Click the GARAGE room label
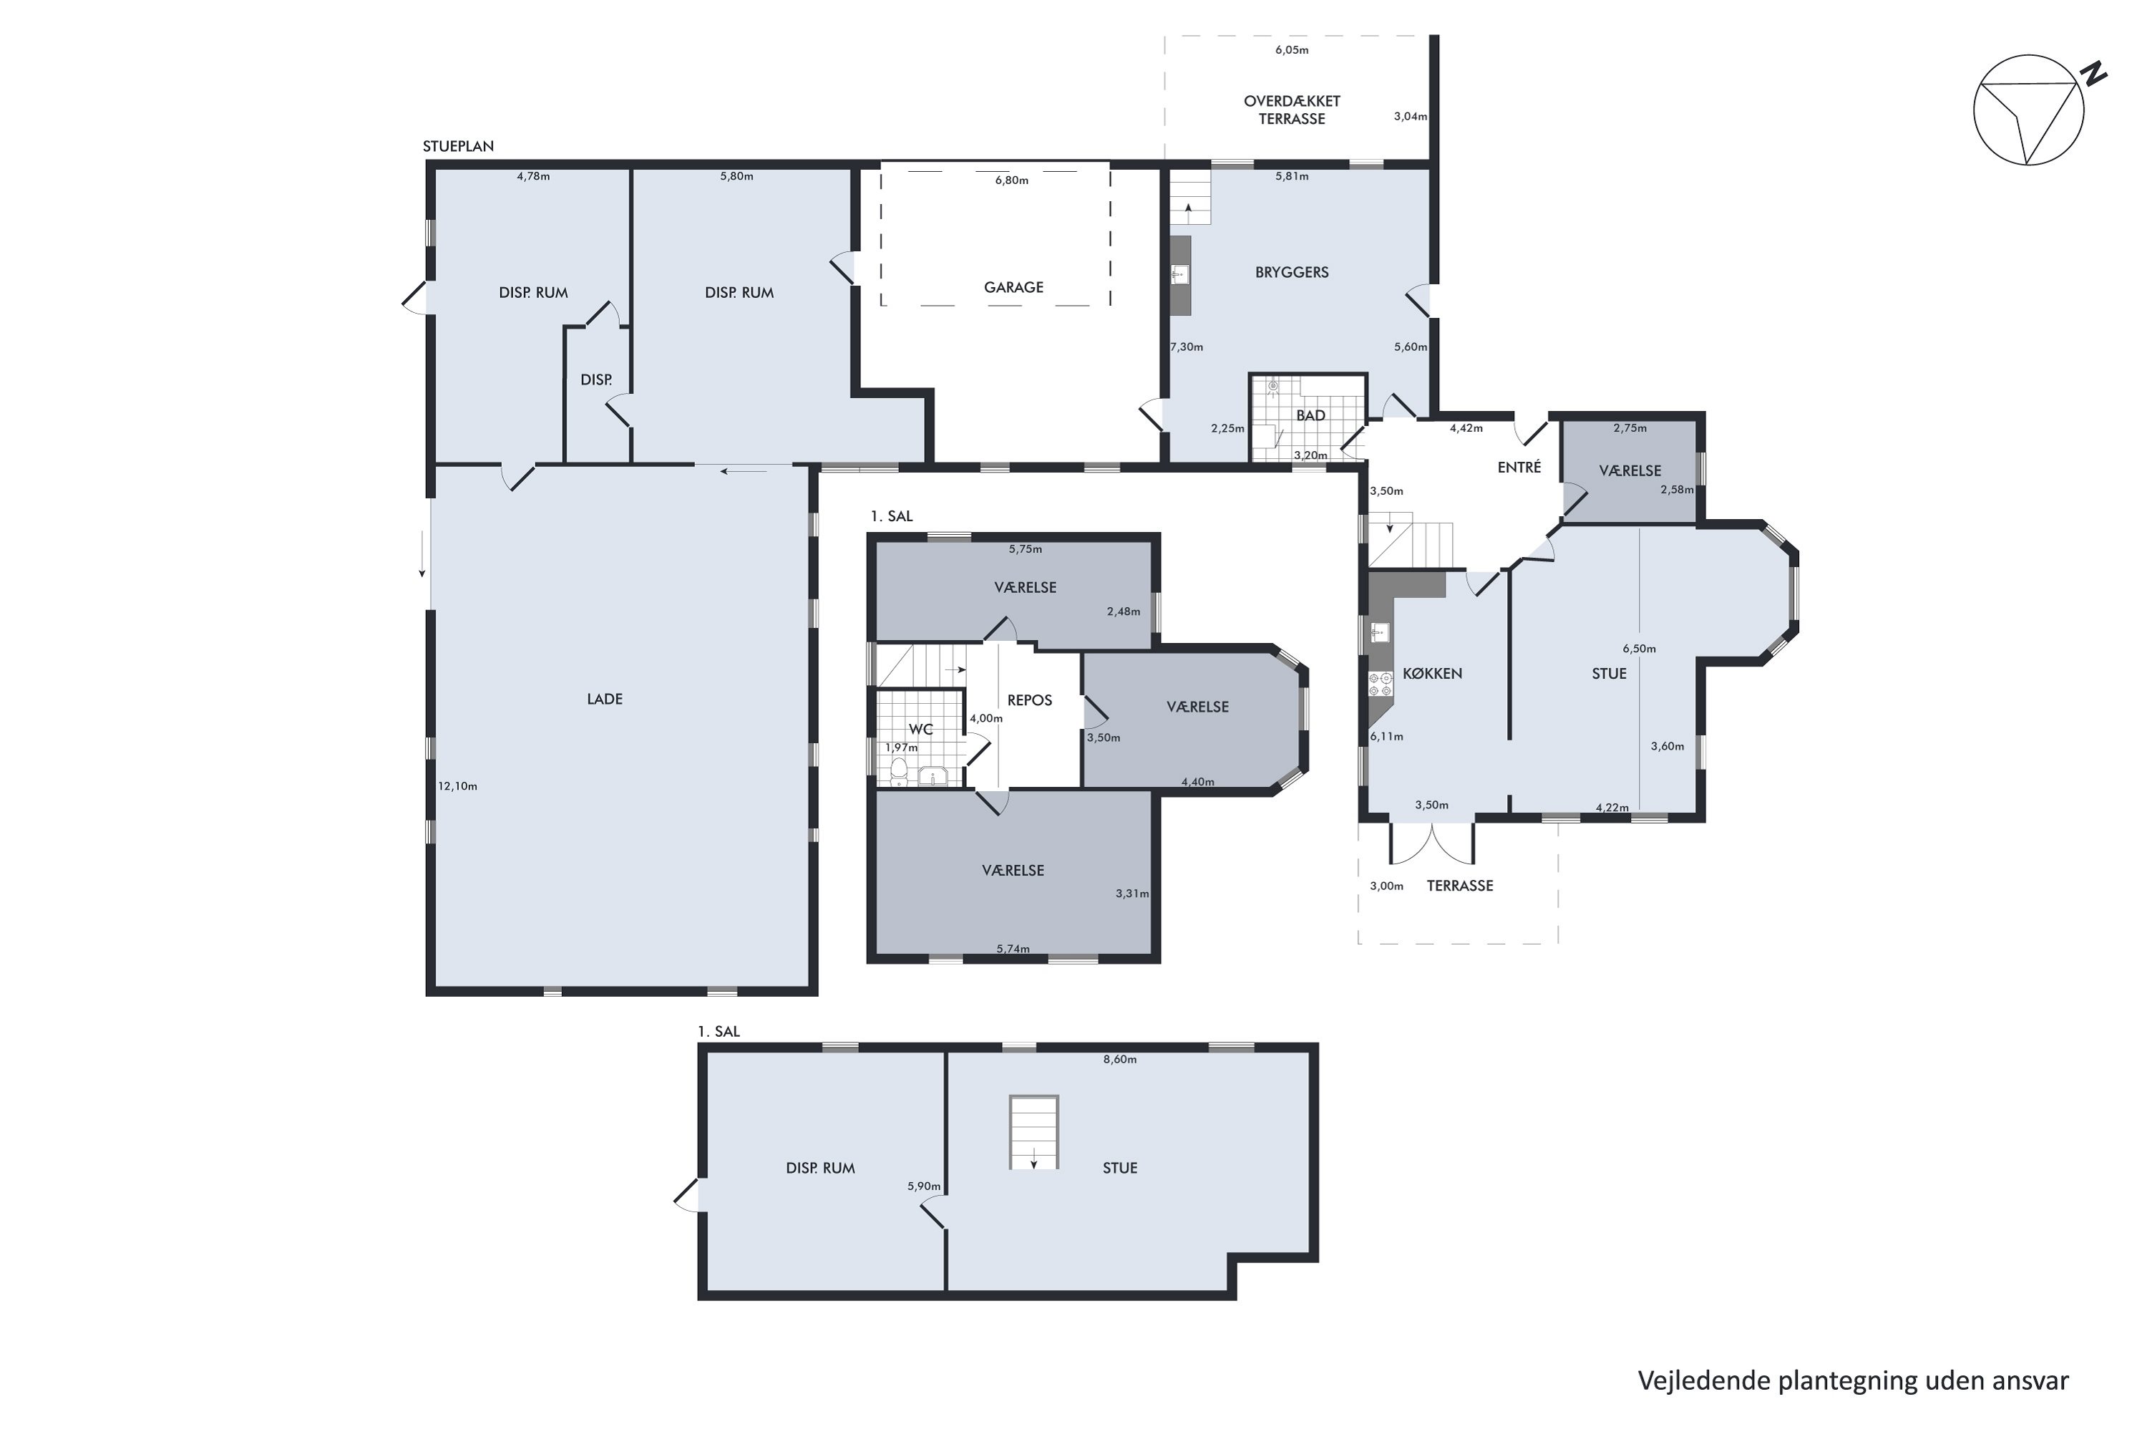click(1013, 287)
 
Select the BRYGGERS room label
click(1292, 272)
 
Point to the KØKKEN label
click(1432, 673)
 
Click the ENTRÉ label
click(1519, 467)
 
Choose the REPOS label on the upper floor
click(1030, 700)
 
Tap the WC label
click(920, 729)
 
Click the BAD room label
click(1311, 415)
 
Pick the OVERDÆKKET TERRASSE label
click(1292, 110)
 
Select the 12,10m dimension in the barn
click(457, 785)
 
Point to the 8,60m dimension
click(1120, 1060)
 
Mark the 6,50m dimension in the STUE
click(1639, 649)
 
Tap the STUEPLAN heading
click(458, 146)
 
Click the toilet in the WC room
click(899, 773)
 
